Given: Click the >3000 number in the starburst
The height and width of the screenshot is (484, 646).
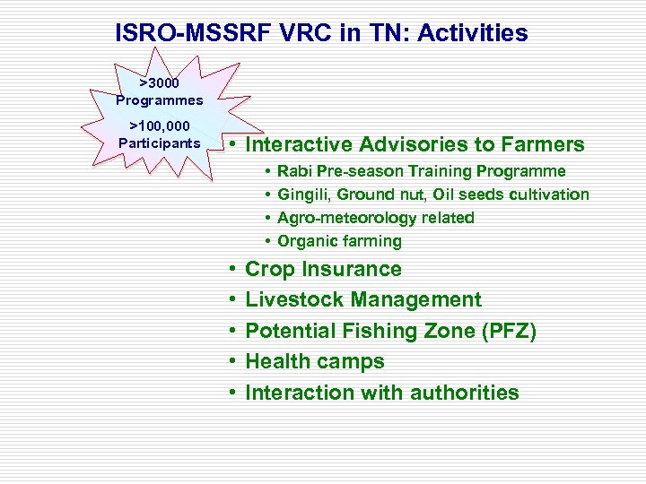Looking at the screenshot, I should [x=159, y=82].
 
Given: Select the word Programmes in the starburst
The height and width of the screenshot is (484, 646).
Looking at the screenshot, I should [x=159, y=99].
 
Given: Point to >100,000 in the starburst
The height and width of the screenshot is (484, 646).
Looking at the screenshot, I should [x=160, y=126].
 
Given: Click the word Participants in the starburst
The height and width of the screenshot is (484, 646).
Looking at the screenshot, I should [x=160, y=143].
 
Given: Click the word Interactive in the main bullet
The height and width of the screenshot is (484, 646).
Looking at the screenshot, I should [x=301, y=144].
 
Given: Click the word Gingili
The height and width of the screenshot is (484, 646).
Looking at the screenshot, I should [x=303, y=194].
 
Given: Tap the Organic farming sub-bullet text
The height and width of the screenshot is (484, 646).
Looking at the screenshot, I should [x=339, y=241].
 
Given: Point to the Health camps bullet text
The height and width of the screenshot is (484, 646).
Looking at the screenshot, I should [x=314, y=361].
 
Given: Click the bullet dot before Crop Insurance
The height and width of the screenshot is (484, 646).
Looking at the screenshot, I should [x=231, y=269].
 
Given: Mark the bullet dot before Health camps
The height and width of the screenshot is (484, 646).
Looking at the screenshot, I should [x=231, y=362].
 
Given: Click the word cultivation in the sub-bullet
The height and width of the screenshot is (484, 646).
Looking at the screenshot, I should [x=549, y=194].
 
